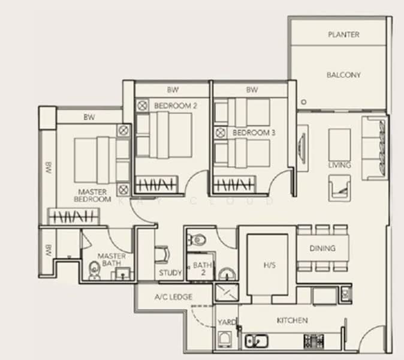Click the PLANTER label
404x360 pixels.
[343, 35]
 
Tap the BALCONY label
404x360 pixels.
[343, 75]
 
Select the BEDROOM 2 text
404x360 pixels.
[175, 106]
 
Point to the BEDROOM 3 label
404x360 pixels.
[254, 133]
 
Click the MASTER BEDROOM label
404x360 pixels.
[92, 196]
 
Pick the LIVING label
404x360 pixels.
[340, 165]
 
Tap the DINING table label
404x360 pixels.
[322, 248]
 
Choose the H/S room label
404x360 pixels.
[270, 265]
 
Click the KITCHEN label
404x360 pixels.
[292, 320]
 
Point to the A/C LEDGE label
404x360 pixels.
[173, 297]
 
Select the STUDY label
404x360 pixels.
[170, 272]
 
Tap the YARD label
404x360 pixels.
[227, 322]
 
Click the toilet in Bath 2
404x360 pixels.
[197, 241]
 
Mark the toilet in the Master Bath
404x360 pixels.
[94, 271]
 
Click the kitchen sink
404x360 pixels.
[256, 341]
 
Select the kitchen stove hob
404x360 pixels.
[313, 341]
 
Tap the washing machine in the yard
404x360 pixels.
[225, 339]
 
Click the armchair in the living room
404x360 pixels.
[339, 188]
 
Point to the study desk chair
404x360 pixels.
[162, 254]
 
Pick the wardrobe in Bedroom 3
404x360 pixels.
[235, 185]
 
